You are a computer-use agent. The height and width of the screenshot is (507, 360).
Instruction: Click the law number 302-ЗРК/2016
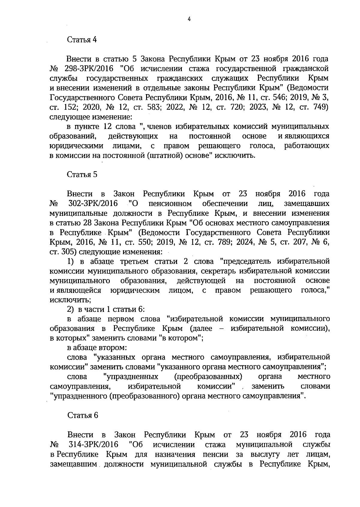click(93, 204)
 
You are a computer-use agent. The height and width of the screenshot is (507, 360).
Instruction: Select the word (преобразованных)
click(208, 377)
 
